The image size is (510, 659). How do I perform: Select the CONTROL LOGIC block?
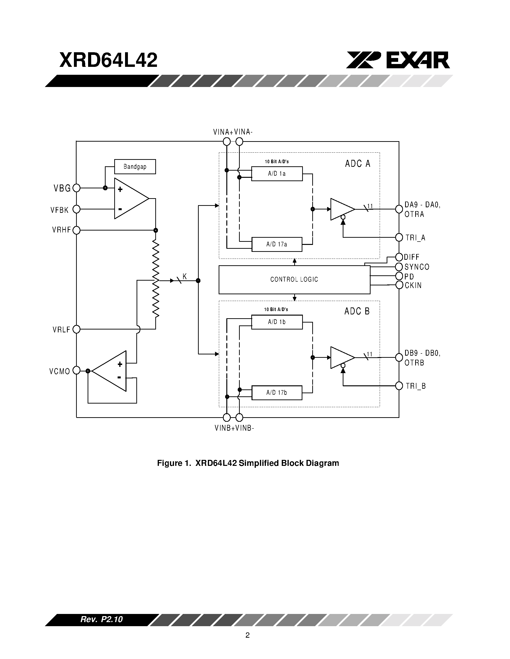point(294,279)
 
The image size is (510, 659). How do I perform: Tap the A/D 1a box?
point(277,174)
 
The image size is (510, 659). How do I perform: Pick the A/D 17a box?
point(277,244)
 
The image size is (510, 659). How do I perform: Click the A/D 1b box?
point(277,322)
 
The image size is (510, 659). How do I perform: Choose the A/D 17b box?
point(277,393)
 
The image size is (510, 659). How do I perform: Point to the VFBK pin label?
point(60,210)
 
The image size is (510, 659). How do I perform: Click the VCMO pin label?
point(60,371)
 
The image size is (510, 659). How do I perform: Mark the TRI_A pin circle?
point(399,237)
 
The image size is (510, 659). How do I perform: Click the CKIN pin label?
point(413,285)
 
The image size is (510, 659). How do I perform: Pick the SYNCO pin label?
point(417,267)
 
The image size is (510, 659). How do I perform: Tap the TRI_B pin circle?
point(399,386)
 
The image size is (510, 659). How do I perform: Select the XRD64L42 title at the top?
point(108,60)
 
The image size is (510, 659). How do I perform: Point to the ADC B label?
point(357,311)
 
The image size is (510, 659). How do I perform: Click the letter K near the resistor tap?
point(185,276)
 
